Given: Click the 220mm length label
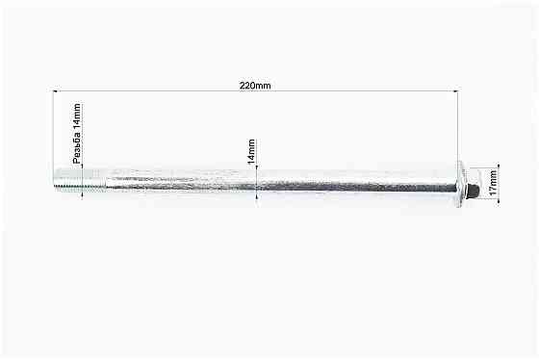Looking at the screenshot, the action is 255,86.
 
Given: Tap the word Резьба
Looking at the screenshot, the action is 77,148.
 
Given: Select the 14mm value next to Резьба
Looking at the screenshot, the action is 77,116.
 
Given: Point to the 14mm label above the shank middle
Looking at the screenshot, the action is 251,151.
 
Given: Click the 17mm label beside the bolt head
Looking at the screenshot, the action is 493,183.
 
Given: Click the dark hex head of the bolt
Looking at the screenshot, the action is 475,189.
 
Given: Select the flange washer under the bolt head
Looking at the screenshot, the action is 461,184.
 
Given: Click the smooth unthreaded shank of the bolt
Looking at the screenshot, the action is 281,180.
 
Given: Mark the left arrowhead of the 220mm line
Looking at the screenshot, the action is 57,90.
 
